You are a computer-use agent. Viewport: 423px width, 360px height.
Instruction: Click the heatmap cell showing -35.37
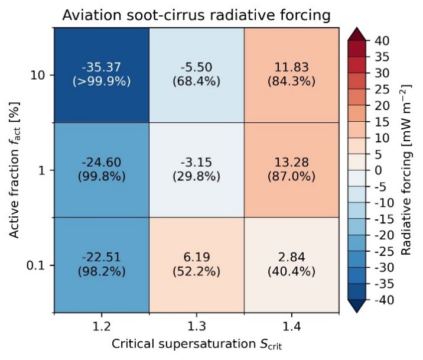pos(102,75)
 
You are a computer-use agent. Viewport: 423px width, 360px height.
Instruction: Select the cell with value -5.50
pos(196,75)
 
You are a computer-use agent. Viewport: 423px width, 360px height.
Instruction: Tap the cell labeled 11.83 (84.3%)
pos(291,75)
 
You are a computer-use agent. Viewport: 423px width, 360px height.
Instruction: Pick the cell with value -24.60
pos(102,170)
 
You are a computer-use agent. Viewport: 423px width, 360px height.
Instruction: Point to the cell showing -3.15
pos(196,170)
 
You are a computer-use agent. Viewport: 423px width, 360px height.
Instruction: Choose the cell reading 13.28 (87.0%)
pos(291,170)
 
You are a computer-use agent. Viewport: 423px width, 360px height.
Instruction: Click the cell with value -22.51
pos(102,265)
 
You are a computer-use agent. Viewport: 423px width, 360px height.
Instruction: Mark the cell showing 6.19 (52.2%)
pos(196,265)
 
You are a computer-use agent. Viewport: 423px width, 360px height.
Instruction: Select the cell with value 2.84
pos(291,265)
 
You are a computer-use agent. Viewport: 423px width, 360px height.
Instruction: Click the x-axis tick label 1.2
pos(102,326)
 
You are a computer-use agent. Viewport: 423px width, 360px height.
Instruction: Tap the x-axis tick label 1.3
pos(196,326)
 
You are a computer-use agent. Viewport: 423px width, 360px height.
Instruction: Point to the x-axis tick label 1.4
pos(291,326)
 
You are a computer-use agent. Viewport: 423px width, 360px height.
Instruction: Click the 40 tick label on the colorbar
pos(380,40)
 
